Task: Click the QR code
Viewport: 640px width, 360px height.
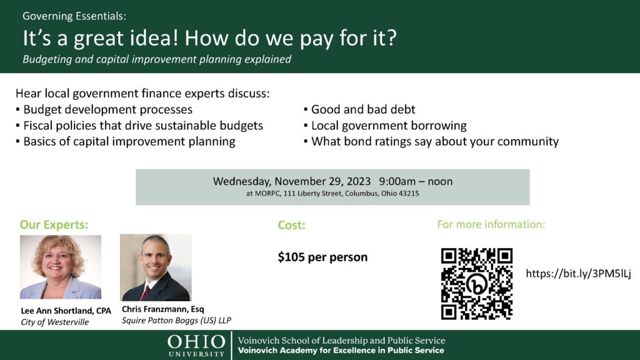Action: tap(477, 284)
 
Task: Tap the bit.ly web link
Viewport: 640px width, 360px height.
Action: tap(578, 274)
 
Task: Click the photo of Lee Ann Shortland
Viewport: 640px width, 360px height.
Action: tap(61, 267)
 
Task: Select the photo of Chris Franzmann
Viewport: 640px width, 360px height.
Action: tap(156, 267)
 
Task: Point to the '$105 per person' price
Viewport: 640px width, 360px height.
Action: tap(322, 257)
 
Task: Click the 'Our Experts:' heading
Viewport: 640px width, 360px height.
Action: tap(54, 224)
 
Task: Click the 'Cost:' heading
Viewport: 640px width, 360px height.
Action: tap(291, 225)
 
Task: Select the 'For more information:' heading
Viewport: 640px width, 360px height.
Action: tap(491, 224)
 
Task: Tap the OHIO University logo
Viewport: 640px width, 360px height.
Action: tap(196, 346)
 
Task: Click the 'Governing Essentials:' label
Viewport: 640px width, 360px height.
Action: tap(74, 16)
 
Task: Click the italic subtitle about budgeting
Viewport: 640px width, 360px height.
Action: tap(157, 59)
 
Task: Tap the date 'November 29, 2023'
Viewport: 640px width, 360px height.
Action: tap(322, 181)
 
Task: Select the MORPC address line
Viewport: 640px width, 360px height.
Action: tap(332, 194)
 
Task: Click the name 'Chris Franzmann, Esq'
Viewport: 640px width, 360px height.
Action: tap(163, 309)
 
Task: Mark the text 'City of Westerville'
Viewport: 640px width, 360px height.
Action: tap(55, 322)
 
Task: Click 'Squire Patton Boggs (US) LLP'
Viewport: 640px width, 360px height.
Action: tap(176, 321)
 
